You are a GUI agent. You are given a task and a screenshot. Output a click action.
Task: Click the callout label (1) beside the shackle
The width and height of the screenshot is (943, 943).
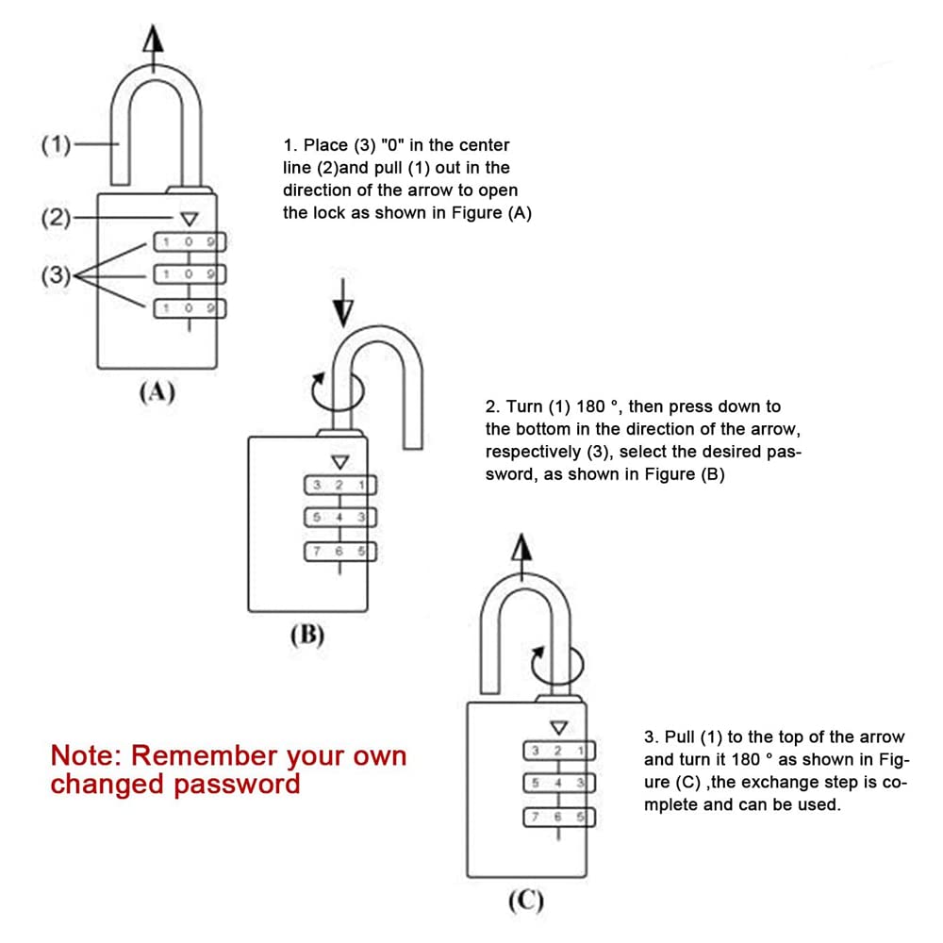click(56, 146)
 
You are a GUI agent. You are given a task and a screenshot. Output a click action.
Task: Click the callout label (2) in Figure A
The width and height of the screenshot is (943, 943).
click(56, 219)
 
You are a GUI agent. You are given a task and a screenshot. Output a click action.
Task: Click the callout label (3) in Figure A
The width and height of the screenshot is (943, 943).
click(56, 275)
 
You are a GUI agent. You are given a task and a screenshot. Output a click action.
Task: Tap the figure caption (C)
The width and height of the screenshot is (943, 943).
click(525, 902)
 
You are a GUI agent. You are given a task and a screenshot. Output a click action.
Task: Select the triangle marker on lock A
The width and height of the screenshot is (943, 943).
click(189, 219)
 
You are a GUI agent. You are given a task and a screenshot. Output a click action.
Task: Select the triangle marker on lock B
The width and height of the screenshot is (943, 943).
click(339, 462)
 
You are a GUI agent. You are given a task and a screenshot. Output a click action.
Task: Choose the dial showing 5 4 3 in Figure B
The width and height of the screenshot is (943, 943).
click(339, 517)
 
